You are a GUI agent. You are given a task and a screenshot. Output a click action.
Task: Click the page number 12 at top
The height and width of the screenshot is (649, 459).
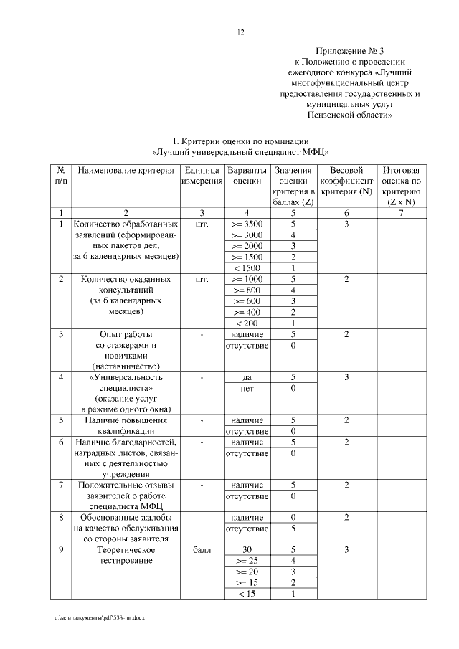pos(241,32)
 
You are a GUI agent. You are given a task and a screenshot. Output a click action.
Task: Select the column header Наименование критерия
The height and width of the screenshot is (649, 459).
pos(126,171)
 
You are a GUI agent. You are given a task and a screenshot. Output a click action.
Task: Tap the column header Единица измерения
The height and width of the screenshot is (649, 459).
pos(201,176)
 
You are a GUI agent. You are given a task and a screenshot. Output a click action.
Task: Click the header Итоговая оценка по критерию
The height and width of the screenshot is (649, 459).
pos(401,186)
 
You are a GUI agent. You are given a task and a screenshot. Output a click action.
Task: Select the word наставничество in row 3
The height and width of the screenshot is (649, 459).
pos(126,366)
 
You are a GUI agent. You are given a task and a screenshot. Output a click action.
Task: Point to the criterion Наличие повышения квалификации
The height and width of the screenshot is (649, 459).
pos(126,426)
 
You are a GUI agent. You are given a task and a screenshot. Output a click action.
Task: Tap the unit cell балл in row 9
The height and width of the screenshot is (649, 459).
pos(201,550)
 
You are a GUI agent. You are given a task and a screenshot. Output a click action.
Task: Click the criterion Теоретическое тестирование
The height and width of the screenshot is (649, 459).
pos(126,555)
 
